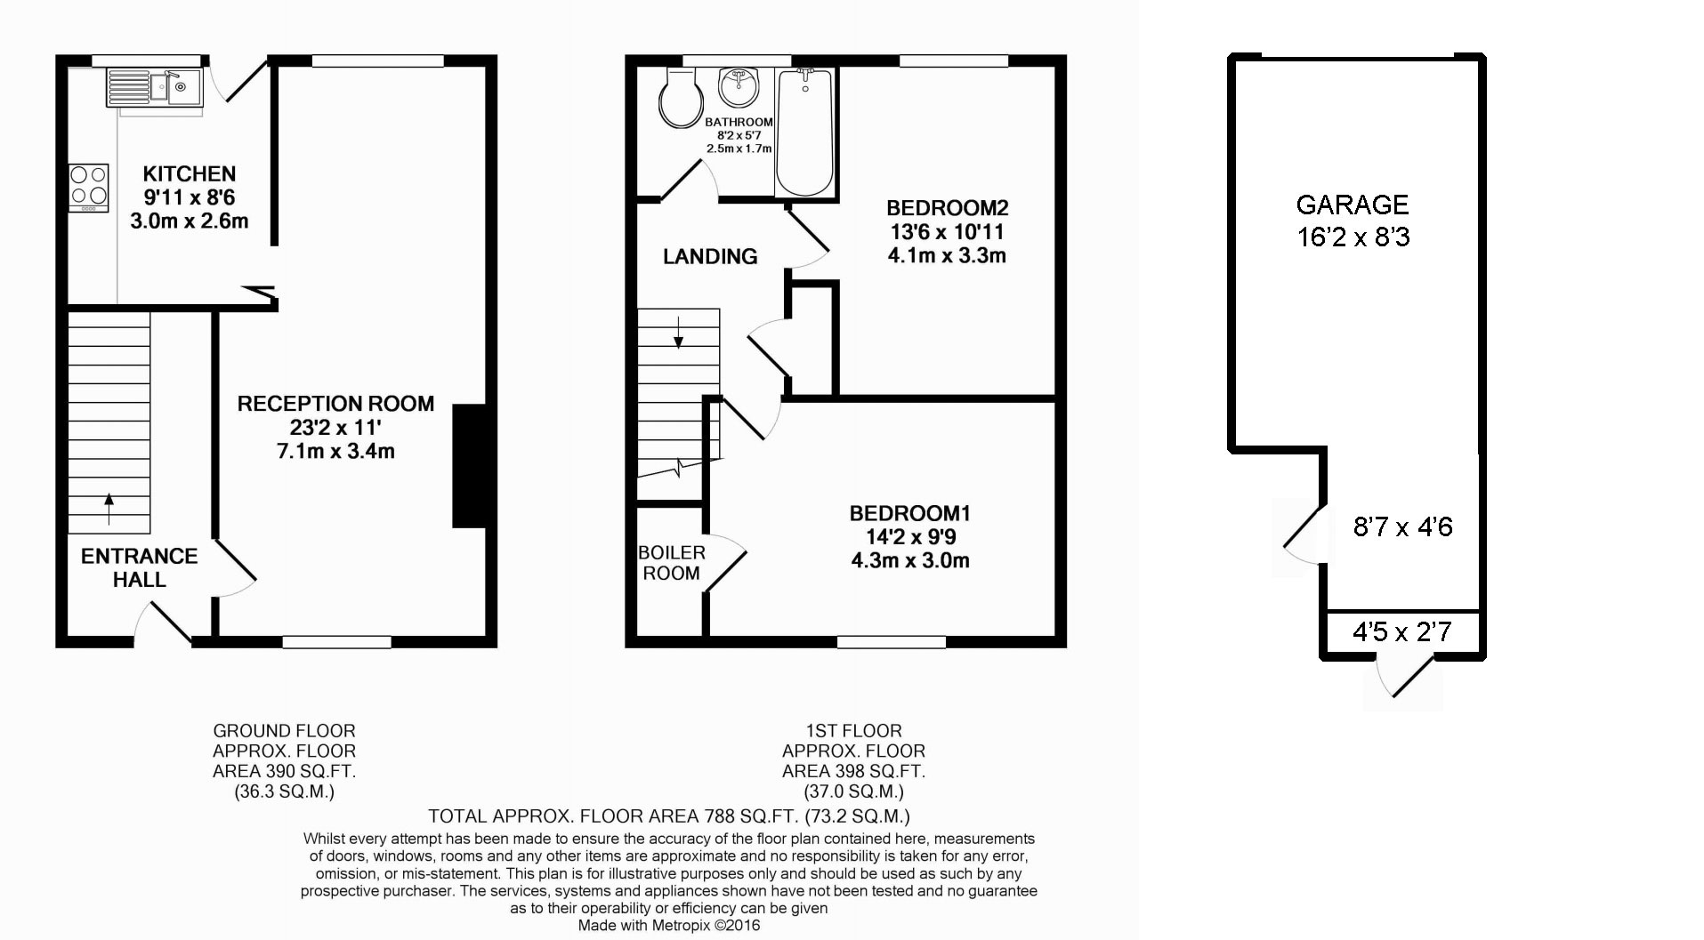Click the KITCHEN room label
click(x=189, y=173)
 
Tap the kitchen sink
click(x=174, y=87)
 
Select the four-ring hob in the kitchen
click(x=89, y=187)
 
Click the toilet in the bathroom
click(x=682, y=100)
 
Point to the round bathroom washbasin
click(x=739, y=87)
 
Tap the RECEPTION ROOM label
click(x=335, y=404)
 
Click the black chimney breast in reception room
click(x=470, y=467)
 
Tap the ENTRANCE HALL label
click(x=139, y=567)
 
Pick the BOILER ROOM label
click(x=672, y=563)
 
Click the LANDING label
click(x=710, y=257)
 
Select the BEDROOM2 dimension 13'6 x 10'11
click(x=947, y=232)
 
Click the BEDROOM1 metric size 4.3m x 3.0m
click(x=909, y=561)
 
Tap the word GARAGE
click(x=1352, y=205)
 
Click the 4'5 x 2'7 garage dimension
click(x=1401, y=632)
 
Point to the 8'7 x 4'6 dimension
click(x=1402, y=527)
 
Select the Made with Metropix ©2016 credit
click(x=669, y=926)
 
